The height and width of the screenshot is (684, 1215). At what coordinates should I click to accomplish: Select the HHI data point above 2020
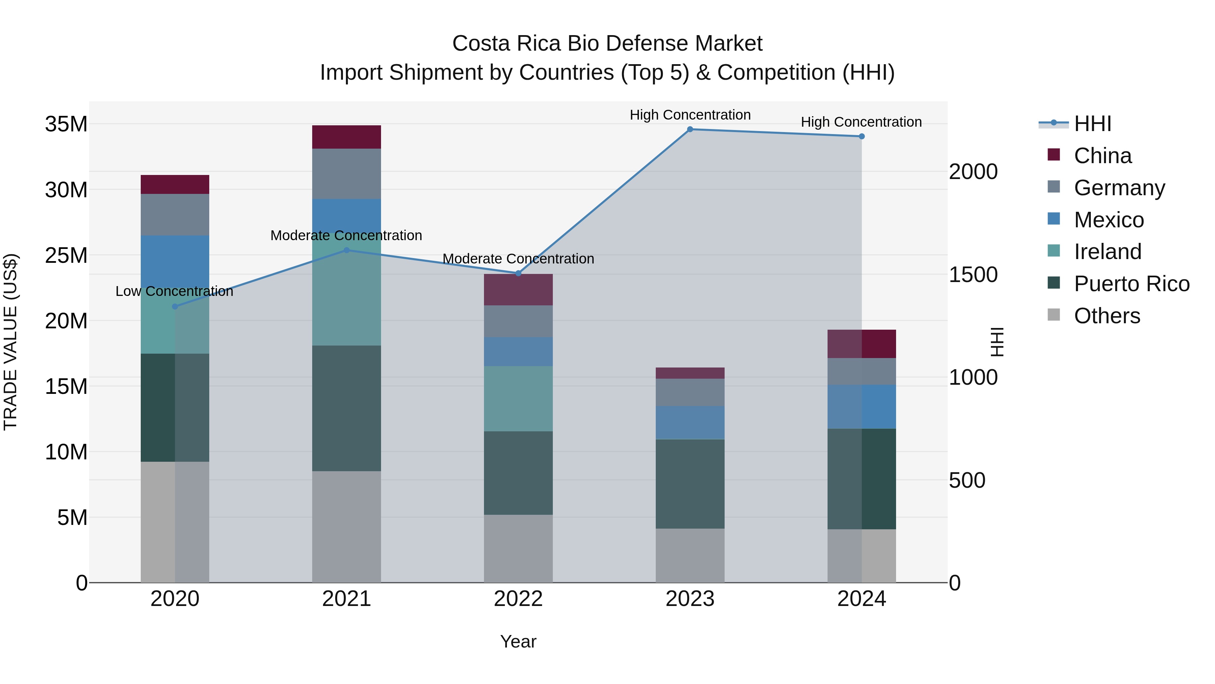pyautogui.click(x=175, y=306)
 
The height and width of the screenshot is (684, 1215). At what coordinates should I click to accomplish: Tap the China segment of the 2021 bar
pyautogui.click(x=346, y=137)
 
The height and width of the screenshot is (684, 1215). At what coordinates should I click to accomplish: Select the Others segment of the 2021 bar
pyautogui.click(x=346, y=526)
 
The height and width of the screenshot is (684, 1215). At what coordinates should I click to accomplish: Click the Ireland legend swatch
pyautogui.click(x=1053, y=251)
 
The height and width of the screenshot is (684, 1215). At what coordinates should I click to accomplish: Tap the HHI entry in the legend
pyautogui.click(x=1092, y=124)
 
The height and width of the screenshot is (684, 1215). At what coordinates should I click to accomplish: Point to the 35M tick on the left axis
pyautogui.click(x=66, y=124)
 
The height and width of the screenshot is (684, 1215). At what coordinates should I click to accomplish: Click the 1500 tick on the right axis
pyautogui.click(x=973, y=275)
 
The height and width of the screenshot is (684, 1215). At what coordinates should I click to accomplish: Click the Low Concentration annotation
pyautogui.click(x=174, y=291)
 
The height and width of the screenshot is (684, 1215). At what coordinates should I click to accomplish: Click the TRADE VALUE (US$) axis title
pyautogui.click(x=10, y=342)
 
